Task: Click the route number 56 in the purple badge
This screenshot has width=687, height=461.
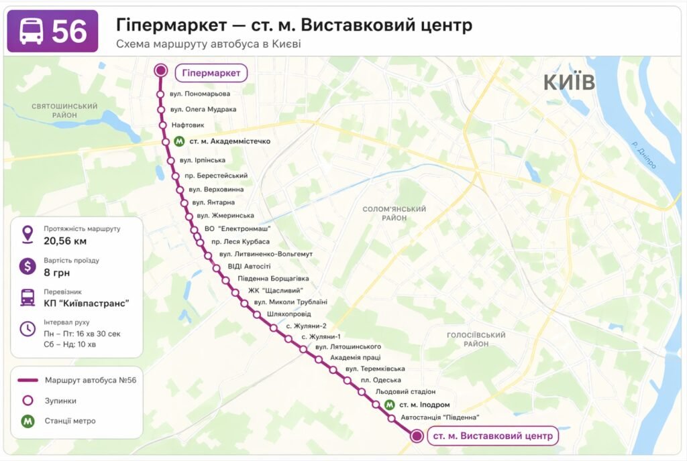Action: [70, 31]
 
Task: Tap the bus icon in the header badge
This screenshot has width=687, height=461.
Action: [32, 31]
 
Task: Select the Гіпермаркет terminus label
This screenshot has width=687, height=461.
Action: [211, 72]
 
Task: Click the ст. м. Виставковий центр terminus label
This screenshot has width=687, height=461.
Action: [492, 436]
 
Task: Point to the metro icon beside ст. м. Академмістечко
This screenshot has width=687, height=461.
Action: [179, 141]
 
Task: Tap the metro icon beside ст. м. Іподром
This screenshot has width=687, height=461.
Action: [390, 405]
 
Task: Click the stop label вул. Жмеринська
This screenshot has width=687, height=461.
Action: [225, 215]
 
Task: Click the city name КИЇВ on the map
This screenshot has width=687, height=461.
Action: [569, 82]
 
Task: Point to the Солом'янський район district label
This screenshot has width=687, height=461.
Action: [394, 213]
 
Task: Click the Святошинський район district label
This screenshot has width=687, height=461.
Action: [64, 111]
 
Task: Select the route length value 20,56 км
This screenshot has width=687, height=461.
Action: [65, 241]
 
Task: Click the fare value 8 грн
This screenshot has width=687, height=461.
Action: [57, 273]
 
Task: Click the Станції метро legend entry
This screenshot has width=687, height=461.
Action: [70, 421]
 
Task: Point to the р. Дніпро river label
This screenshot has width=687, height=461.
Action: [643, 155]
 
